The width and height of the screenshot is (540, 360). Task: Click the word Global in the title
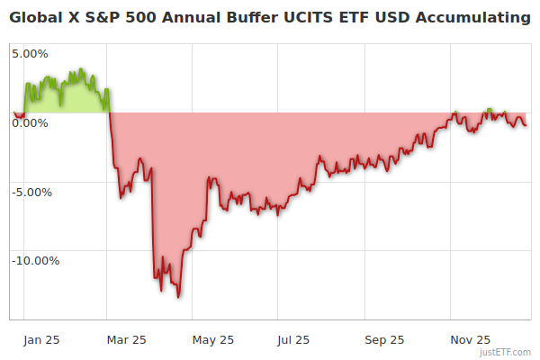(36, 17)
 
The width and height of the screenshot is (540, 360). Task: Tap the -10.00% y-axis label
(35, 261)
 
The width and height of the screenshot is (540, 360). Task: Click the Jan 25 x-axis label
(42, 339)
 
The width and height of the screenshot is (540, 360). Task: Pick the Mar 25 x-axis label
(126, 339)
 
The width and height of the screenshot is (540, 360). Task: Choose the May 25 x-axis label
(213, 339)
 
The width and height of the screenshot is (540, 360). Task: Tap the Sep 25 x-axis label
(384, 339)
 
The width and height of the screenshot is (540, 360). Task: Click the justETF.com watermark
(506, 352)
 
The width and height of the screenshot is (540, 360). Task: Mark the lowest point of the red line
(178, 296)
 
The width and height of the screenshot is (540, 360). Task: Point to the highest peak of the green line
(81, 69)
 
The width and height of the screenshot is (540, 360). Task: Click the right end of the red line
(526, 124)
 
